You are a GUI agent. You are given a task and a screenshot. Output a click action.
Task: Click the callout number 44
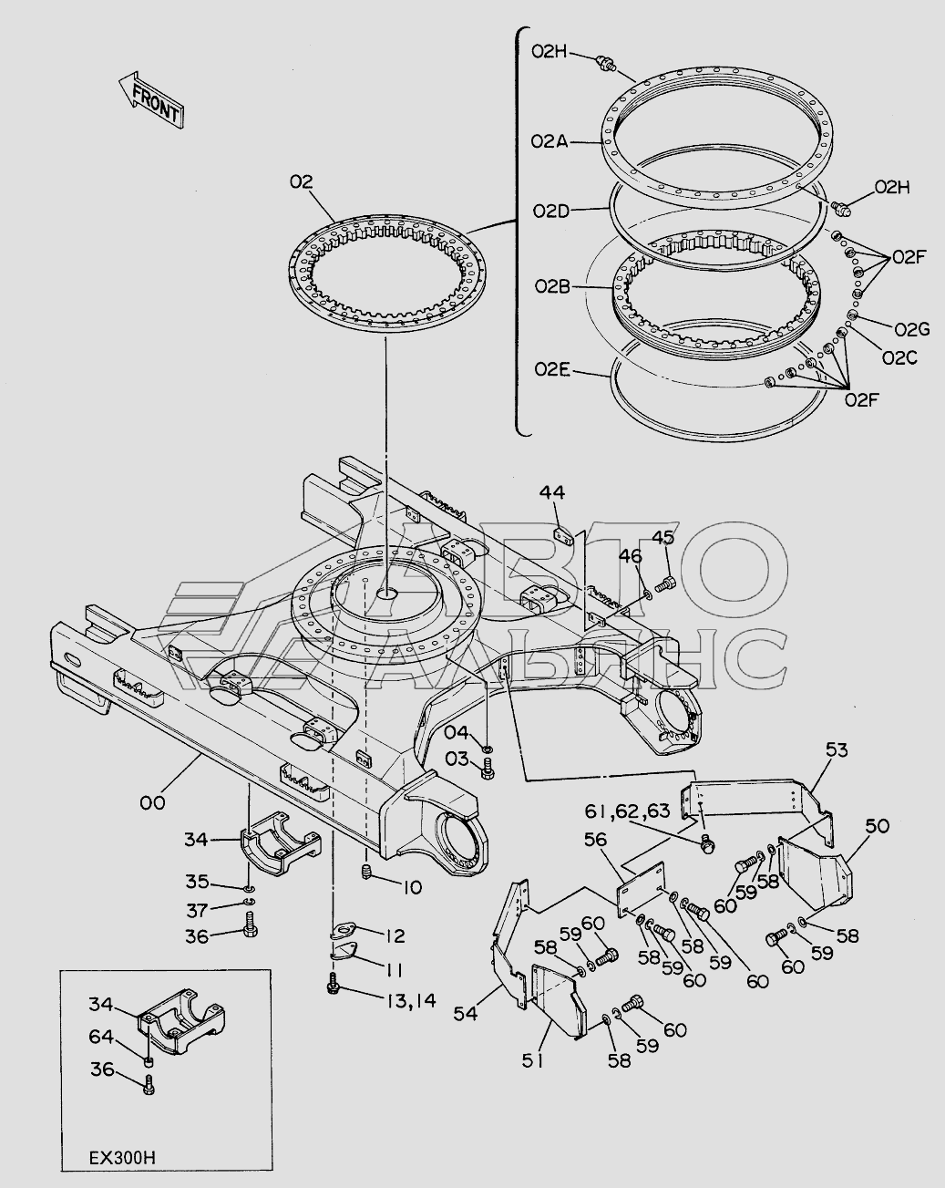[551, 493]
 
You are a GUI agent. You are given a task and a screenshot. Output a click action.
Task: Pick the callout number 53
[836, 750]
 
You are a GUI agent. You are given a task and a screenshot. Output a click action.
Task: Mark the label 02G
[911, 329]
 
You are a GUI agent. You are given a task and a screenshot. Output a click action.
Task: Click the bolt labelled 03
[487, 771]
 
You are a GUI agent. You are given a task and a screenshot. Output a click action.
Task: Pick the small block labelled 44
[564, 535]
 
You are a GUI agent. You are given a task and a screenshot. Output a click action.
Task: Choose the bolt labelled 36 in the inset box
[150, 1085]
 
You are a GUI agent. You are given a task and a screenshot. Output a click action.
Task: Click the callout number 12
[395, 935]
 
